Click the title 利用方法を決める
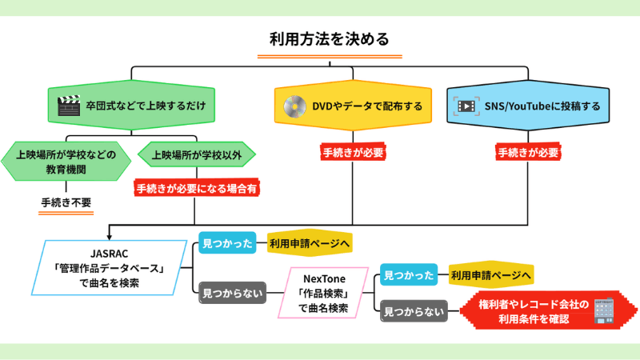pyautogui.click(x=329, y=38)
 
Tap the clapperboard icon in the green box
pyautogui.click(x=69, y=106)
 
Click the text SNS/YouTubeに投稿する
pyautogui.click(x=542, y=106)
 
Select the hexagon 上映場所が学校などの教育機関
pyautogui.click(x=66, y=162)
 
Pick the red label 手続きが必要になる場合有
pyautogui.click(x=197, y=189)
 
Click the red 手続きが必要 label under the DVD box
pyautogui.click(x=353, y=152)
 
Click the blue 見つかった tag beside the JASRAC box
pyautogui.click(x=226, y=242)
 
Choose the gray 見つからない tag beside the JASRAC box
pyautogui.click(x=231, y=293)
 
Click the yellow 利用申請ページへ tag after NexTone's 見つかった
pyautogui.click(x=490, y=275)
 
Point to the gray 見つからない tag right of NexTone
pyautogui.click(x=413, y=310)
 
